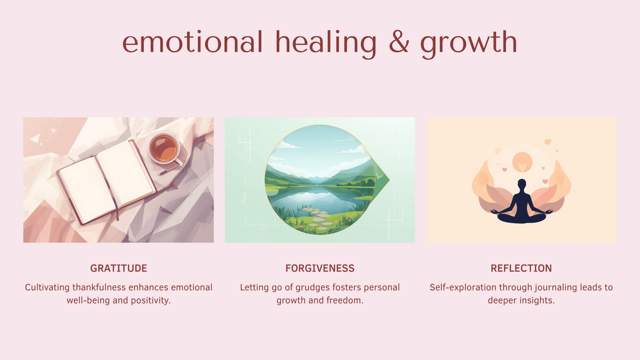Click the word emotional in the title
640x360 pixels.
(192, 41)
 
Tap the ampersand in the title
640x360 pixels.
(399, 41)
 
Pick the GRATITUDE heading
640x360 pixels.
(119, 268)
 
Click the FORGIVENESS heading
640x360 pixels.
(320, 268)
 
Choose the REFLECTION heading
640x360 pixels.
(521, 268)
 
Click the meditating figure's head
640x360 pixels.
(522, 185)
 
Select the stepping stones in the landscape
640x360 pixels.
(316, 219)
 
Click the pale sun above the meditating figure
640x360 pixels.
(522, 162)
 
